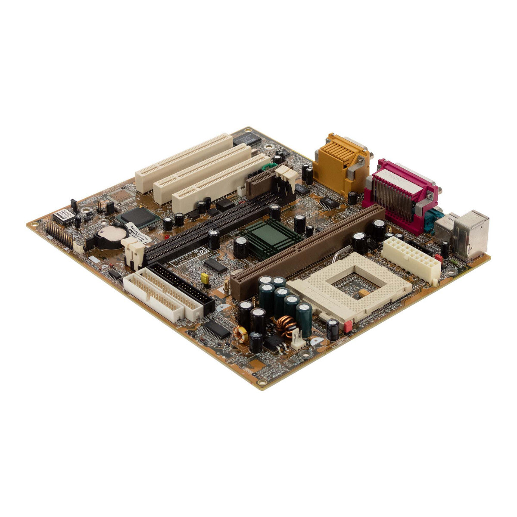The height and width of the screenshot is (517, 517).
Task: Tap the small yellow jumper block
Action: click(206, 279)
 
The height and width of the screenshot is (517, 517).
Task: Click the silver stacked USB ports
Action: click(467, 235)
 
